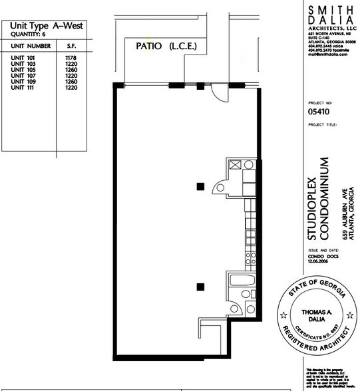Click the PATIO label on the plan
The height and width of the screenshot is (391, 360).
click(151, 47)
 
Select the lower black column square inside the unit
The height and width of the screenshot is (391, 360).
click(199, 287)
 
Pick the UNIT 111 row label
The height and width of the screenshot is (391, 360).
click(23, 88)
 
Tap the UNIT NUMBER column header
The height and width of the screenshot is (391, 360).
click(31, 47)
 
